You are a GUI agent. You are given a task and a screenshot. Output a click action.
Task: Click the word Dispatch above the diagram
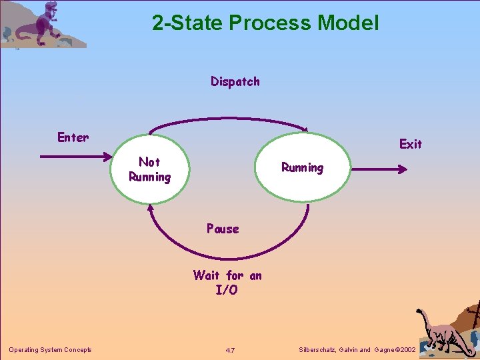tap(235, 82)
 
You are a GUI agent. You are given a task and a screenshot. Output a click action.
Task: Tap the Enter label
tap(73, 138)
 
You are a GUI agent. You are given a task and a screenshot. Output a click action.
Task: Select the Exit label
tap(411, 144)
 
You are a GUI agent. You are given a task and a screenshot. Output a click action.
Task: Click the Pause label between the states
tap(223, 229)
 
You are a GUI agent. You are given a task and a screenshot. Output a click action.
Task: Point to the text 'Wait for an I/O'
tap(227, 283)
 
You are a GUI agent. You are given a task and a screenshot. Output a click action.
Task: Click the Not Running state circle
tap(149, 169)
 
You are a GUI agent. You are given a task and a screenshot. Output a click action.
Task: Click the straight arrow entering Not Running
tap(75, 157)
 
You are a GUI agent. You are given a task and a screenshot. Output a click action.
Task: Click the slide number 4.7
tap(229, 350)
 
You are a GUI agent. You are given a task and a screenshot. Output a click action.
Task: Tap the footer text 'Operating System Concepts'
tap(50, 350)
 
